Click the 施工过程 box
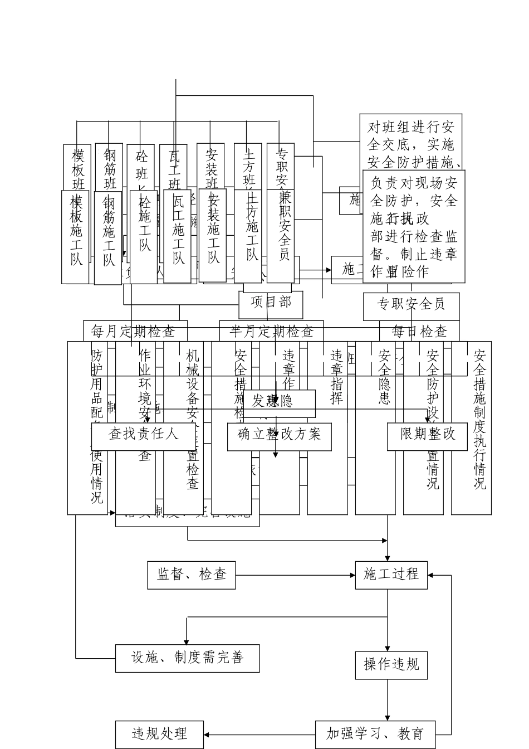pyautogui.click(x=391, y=575)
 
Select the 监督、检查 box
pyautogui.click(x=191, y=575)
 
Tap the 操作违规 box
pyautogui.click(x=391, y=664)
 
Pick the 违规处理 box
pyautogui.click(x=159, y=734)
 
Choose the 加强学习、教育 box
pyautogui.click(x=375, y=734)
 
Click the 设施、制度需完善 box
pyautogui.click(x=187, y=658)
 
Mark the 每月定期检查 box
pyautogui.click(x=135, y=332)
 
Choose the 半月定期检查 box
pyautogui.click(x=271, y=332)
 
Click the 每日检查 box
pyautogui.click(x=419, y=332)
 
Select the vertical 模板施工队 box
pyautogui.click(x=76, y=237)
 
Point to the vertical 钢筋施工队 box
pyautogui.click(x=108, y=237)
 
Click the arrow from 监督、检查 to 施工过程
pyautogui.click(x=295, y=575)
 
